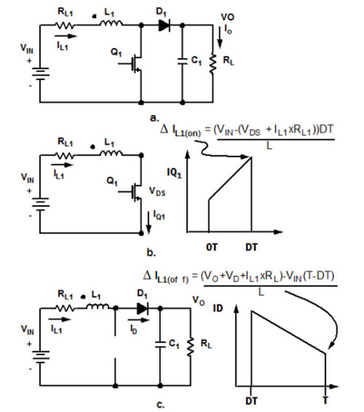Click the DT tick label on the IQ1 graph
tap(251, 247)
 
